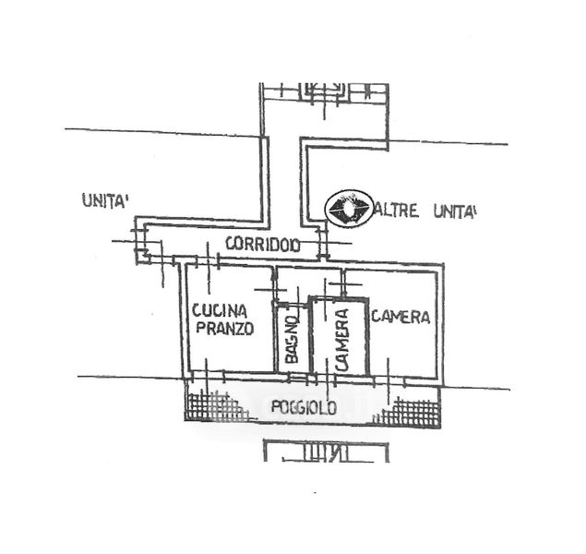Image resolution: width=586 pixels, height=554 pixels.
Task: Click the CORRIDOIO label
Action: pyautogui.click(x=262, y=246)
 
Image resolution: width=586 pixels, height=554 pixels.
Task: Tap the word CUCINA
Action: pyautogui.click(x=219, y=312)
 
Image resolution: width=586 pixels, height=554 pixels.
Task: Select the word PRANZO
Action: pyautogui.click(x=220, y=329)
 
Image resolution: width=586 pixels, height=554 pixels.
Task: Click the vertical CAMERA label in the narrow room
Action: pyautogui.click(x=341, y=339)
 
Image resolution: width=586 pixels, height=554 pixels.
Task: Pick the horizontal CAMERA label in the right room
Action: pyautogui.click(x=401, y=317)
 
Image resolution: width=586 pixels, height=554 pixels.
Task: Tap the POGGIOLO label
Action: pyautogui.click(x=303, y=406)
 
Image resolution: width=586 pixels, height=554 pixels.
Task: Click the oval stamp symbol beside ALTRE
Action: pyautogui.click(x=351, y=208)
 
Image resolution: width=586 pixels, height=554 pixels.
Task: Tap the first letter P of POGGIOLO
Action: pyautogui.click(x=272, y=406)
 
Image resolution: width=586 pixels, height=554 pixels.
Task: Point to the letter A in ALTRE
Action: pyautogui.click(x=380, y=212)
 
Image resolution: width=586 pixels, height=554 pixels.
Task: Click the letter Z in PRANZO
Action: pyautogui.click(x=237, y=329)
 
